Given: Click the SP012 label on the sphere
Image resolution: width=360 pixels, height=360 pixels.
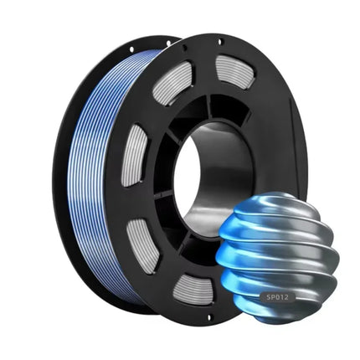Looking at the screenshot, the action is pyautogui.click(x=277, y=297).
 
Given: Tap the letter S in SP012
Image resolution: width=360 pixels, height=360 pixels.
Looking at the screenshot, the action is pyautogui.click(x=269, y=297).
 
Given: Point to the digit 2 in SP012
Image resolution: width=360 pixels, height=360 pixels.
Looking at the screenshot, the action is pyautogui.click(x=287, y=297).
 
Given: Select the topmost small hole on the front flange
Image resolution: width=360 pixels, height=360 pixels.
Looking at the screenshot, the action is pyautogui.click(x=219, y=42).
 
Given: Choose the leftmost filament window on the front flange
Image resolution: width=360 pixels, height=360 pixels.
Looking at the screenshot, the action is pyautogui.click(x=135, y=156).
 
